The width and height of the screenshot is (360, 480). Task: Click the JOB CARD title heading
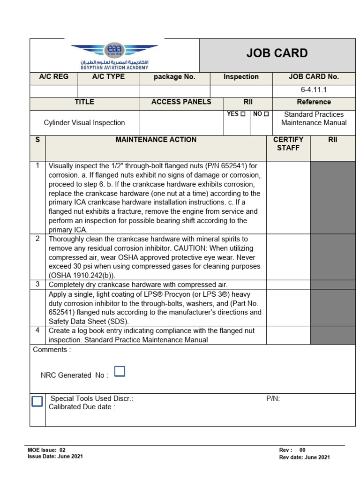[277, 53]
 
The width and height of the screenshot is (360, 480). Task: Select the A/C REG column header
[54, 77]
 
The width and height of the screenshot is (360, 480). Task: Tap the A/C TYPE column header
[108, 77]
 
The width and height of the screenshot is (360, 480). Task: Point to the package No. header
[174, 77]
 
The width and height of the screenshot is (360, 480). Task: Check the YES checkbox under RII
[242, 114]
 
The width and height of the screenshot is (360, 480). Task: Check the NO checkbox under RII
[266, 114]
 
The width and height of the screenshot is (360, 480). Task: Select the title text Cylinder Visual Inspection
[84, 123]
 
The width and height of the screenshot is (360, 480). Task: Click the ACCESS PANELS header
[181, 102]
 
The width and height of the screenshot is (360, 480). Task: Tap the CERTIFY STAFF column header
[288, 144]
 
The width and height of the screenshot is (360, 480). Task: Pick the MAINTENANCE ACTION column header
[156, 140]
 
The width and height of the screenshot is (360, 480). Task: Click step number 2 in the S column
[37, 239]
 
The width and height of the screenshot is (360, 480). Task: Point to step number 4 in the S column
[37, 330]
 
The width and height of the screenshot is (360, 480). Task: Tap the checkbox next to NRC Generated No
[120, 372]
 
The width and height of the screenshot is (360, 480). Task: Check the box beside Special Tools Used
[37, 401]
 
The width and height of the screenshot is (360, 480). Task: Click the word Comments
[52, 350]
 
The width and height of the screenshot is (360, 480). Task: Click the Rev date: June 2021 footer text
[304, 457]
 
